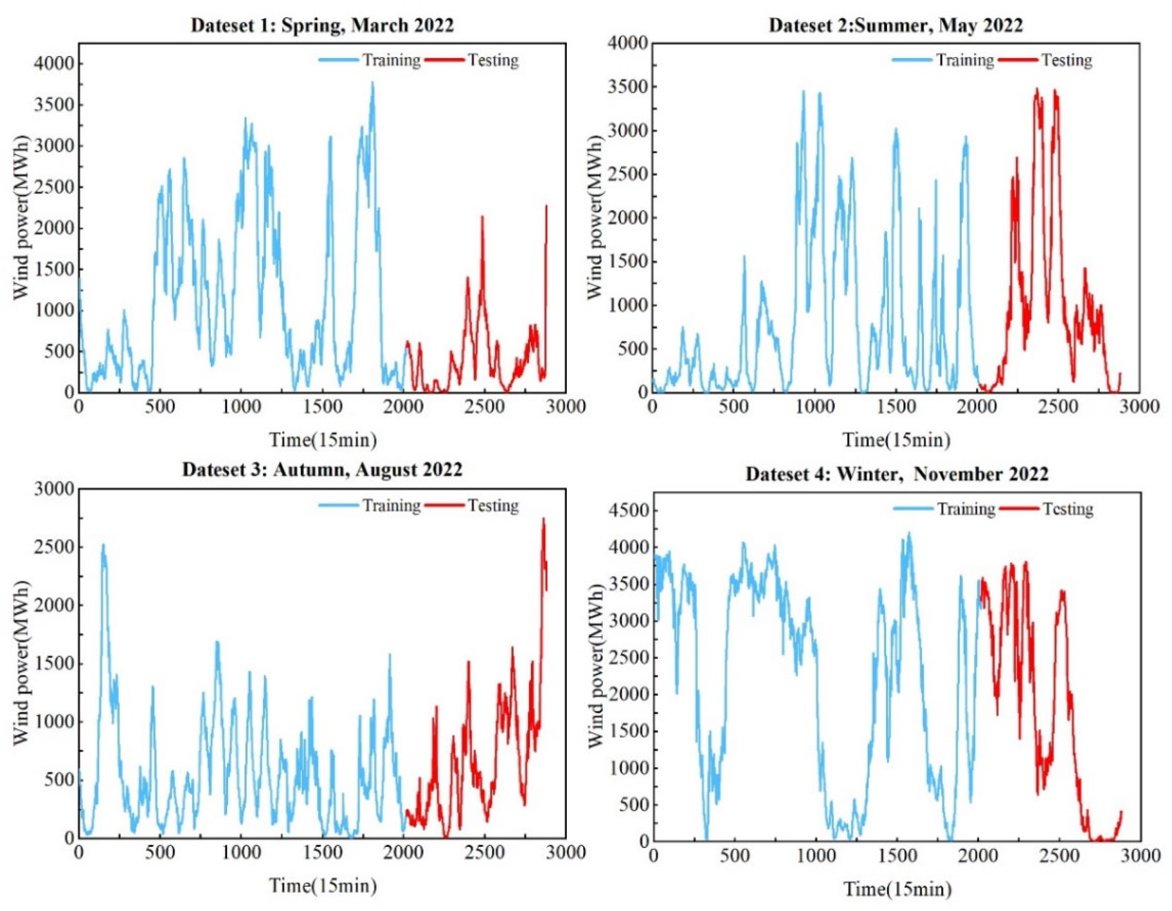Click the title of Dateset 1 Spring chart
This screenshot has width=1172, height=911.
point(322,25)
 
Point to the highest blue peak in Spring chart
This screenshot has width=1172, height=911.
point(372,82)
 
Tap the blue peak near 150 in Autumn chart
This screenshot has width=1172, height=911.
point(103,545)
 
